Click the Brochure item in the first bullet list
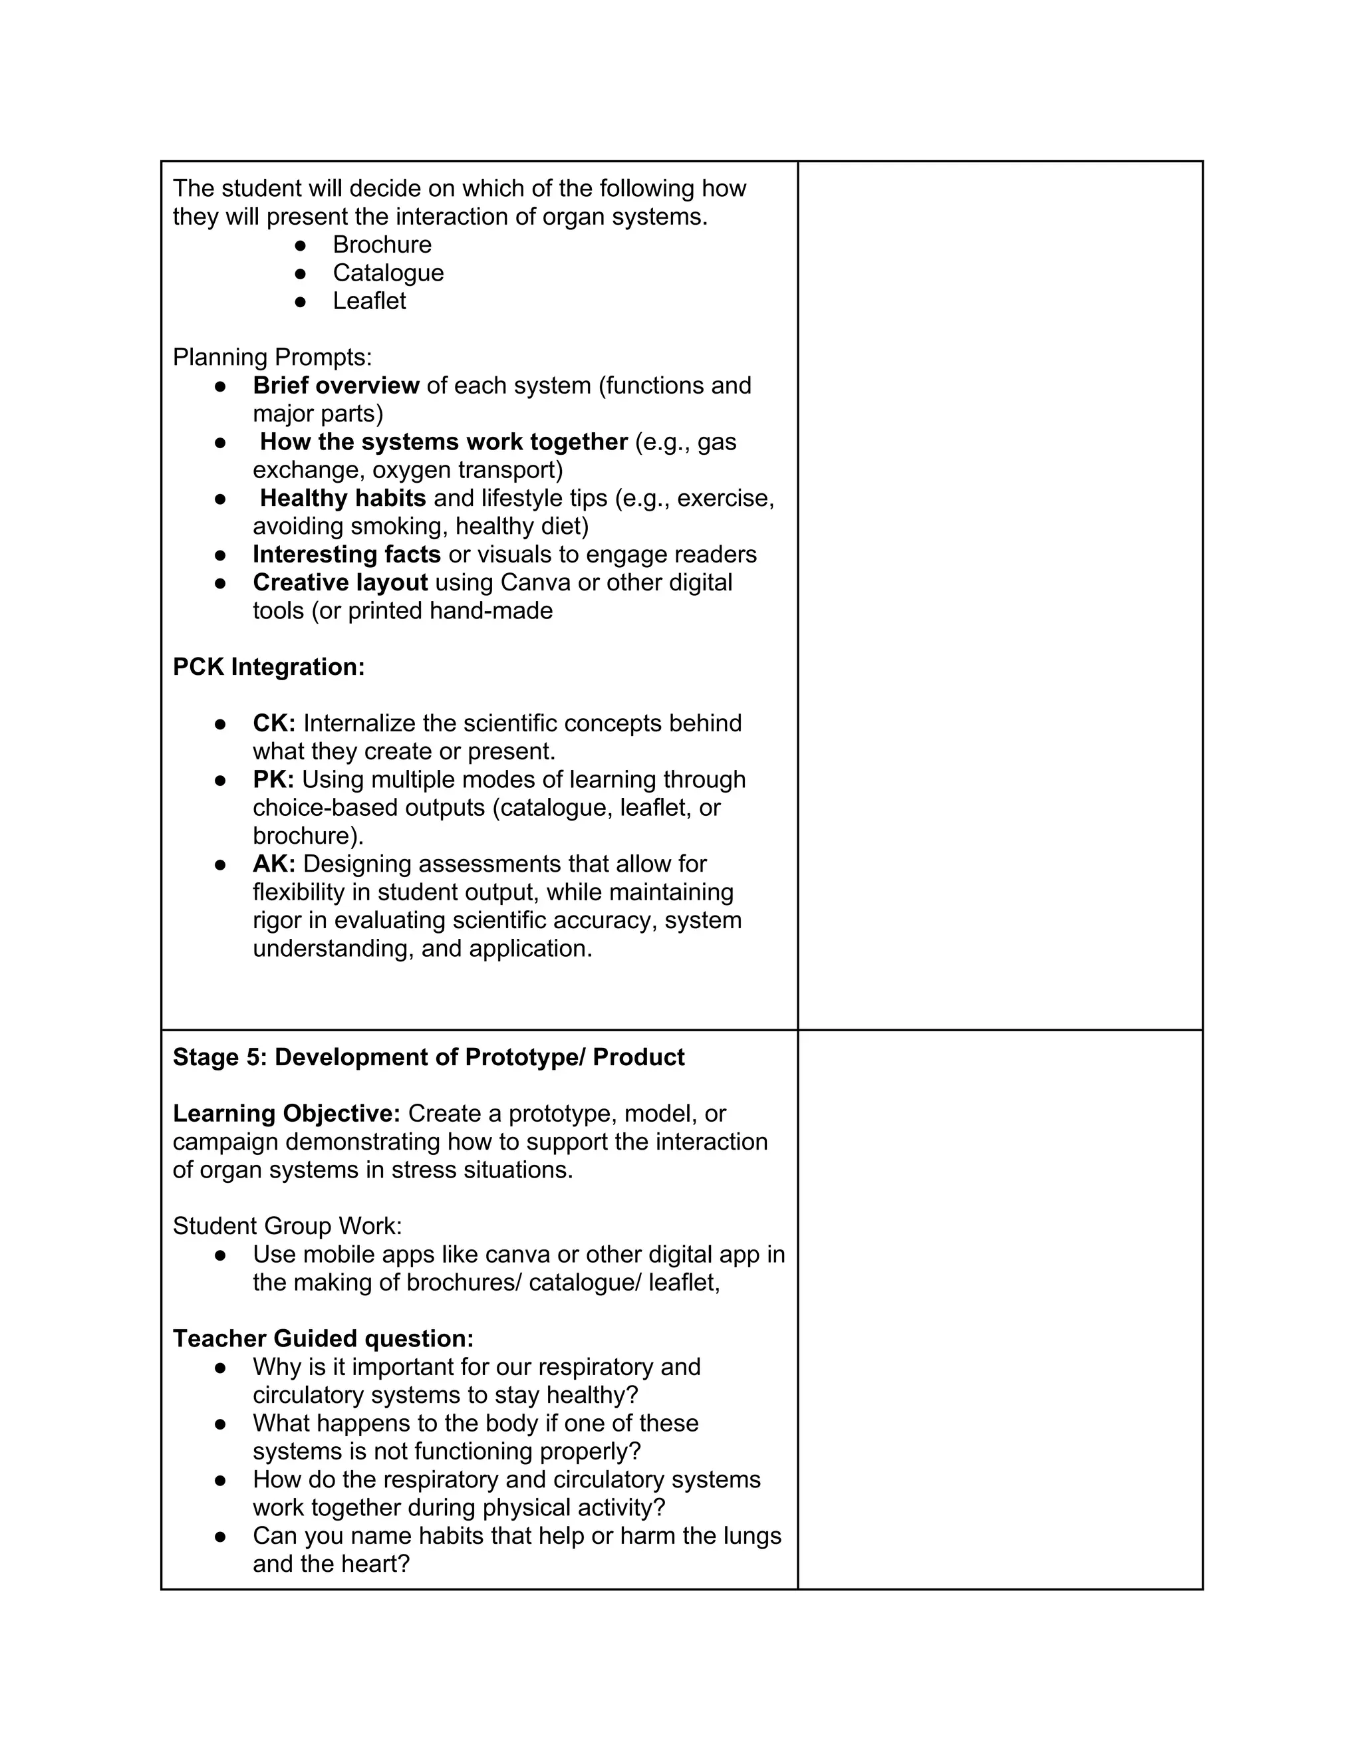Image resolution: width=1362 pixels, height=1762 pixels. coord(382,245)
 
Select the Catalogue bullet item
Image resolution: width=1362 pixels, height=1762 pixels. coord(388,273)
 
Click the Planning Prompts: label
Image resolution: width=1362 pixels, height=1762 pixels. coord(272,356)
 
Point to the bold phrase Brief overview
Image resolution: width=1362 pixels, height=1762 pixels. coord(336,386)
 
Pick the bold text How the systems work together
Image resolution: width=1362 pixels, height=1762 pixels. coord(443,442)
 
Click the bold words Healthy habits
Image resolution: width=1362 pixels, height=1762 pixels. coord(342,499)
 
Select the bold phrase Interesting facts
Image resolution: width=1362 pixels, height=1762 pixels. coord(346,555)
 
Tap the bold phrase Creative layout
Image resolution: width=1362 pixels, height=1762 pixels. coord(340,582)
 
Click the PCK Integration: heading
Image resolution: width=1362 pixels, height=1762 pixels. coord(269,667)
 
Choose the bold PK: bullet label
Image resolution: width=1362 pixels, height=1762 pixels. coord(273,779)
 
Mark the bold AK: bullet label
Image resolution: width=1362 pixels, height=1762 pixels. coord(273,864)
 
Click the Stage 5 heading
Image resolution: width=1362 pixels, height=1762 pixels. coord(428,1058)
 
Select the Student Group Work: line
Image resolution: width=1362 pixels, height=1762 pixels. coord(287,1226)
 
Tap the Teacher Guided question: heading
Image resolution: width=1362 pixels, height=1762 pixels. coord(323,1338)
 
